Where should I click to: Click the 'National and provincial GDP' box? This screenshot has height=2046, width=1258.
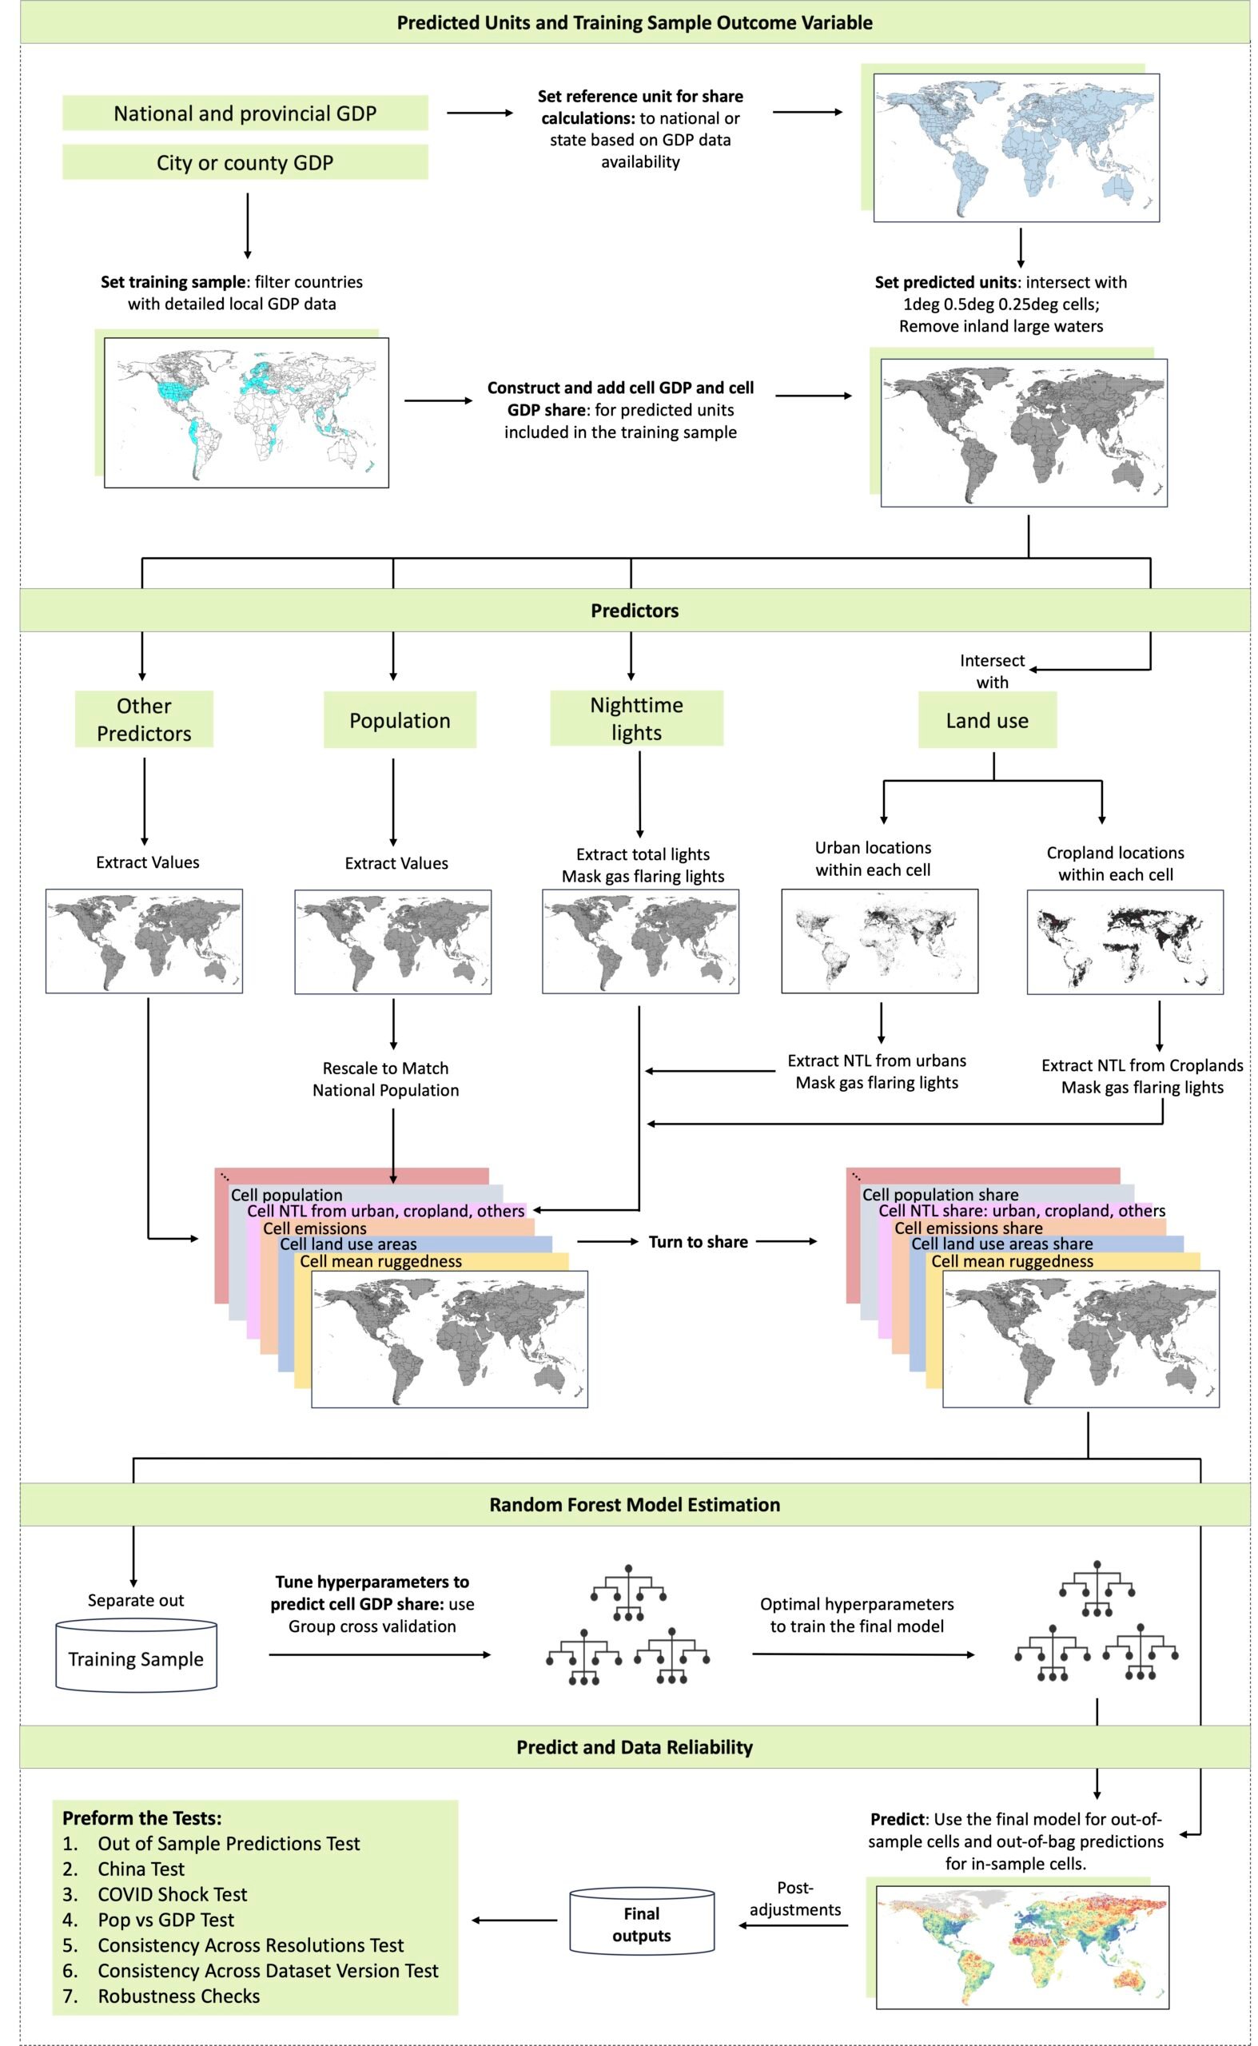click(x=245, y=113)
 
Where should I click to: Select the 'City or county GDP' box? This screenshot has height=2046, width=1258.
click(x=245, y=162)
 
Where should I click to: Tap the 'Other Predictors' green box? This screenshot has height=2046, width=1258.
click(x=144, y=718)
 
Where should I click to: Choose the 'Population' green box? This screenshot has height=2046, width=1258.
click(x=400, y=720)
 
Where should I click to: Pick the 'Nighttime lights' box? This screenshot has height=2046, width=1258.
click(x=636, y=718)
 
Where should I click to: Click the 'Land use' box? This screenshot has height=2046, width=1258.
click(x=987, y=720)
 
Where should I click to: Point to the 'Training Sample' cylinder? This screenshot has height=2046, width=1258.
click(x=136, y=1658)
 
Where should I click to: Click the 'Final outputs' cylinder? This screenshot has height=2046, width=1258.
click(x=642, y=1925)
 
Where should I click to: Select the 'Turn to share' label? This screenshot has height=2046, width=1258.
click(x=698, y=1241)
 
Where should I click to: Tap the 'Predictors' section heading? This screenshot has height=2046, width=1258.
click(x=635, y=610)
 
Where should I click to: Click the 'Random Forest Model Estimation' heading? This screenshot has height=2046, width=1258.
click(x=635, y=1504)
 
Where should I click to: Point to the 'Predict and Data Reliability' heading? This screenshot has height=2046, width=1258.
click(x=635, y=1747)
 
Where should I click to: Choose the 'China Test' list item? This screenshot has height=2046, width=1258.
click(x=141, y=1869)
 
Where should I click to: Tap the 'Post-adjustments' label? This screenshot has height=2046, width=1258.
click(x=794, y=1899)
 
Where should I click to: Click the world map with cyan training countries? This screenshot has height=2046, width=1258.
click(x=246, y=412)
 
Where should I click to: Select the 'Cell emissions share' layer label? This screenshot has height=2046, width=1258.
click(x=969, y=1228)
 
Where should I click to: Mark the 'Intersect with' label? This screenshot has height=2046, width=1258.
click(x=992, y=671)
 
